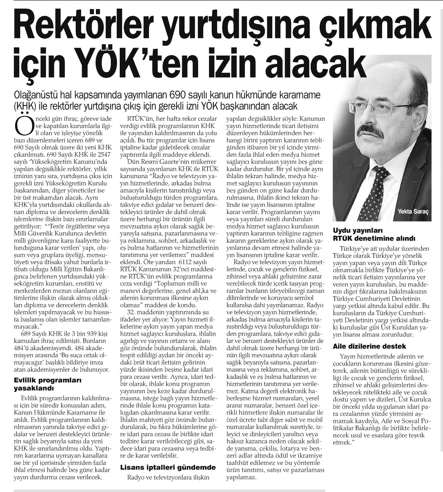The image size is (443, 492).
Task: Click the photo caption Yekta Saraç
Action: tap(412, 211)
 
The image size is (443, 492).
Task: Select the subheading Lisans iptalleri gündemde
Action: tap(168, 468)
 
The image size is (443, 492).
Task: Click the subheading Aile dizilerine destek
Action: tap(369, 346)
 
